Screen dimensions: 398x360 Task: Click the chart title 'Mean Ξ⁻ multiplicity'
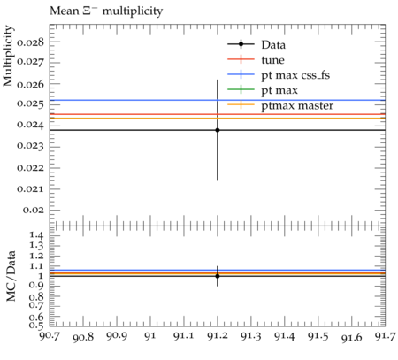(106, 11)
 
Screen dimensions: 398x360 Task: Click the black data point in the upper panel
(218, 130)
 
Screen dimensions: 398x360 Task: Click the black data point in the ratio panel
(218, 276)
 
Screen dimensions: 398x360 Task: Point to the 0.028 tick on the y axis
(31, 42)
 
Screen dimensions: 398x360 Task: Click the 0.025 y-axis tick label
(31, 103)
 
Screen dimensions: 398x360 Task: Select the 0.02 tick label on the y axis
(34, 210)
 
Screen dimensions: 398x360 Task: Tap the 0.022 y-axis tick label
(31, 168)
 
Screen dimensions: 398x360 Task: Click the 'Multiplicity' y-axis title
(8, 56)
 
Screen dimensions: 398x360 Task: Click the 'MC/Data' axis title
(11, 276)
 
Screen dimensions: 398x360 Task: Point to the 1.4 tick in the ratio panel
(37, 235)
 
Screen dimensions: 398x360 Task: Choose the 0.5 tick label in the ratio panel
(37, 326)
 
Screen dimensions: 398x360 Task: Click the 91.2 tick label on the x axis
(218, 336)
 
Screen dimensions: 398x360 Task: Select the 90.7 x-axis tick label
(50, 336)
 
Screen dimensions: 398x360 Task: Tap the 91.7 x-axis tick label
(386, 336)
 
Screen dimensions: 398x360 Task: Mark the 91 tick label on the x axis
(150, 336)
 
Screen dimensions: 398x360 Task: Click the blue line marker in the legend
(241, 75)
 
